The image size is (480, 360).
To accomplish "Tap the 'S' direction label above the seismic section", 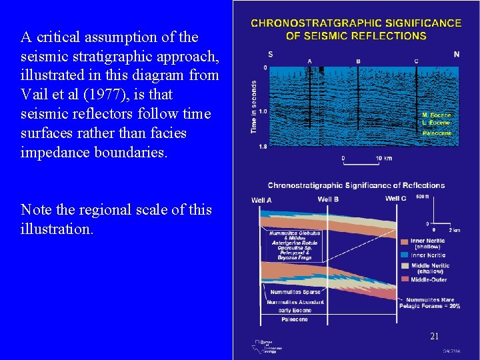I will click(x=270, y=54).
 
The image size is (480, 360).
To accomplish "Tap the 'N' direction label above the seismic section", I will click(x=456, y=54).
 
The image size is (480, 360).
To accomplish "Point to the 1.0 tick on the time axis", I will click(x=264, y=111).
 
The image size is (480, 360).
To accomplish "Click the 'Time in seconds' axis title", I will click(x=254, y=107).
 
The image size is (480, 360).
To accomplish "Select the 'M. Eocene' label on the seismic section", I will click(x=437, y=115).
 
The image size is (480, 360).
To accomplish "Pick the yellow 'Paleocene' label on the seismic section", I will click(x=437, y=133).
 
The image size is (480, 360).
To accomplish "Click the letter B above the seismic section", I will click(x=358, y=61).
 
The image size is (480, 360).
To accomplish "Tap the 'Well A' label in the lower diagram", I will click(x=262, y=199).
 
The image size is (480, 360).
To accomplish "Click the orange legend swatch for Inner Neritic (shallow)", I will click(x=405, y=241).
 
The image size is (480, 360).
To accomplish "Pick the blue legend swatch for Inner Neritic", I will click(x=405, y=254).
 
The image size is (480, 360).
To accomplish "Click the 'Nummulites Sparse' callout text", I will click(x=295, y=292).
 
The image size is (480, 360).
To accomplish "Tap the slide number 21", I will click(x=434, y=336).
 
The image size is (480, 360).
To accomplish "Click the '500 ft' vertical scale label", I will click(x=422, y=197).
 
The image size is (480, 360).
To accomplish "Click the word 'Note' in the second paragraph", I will click(x=36, y=209).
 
